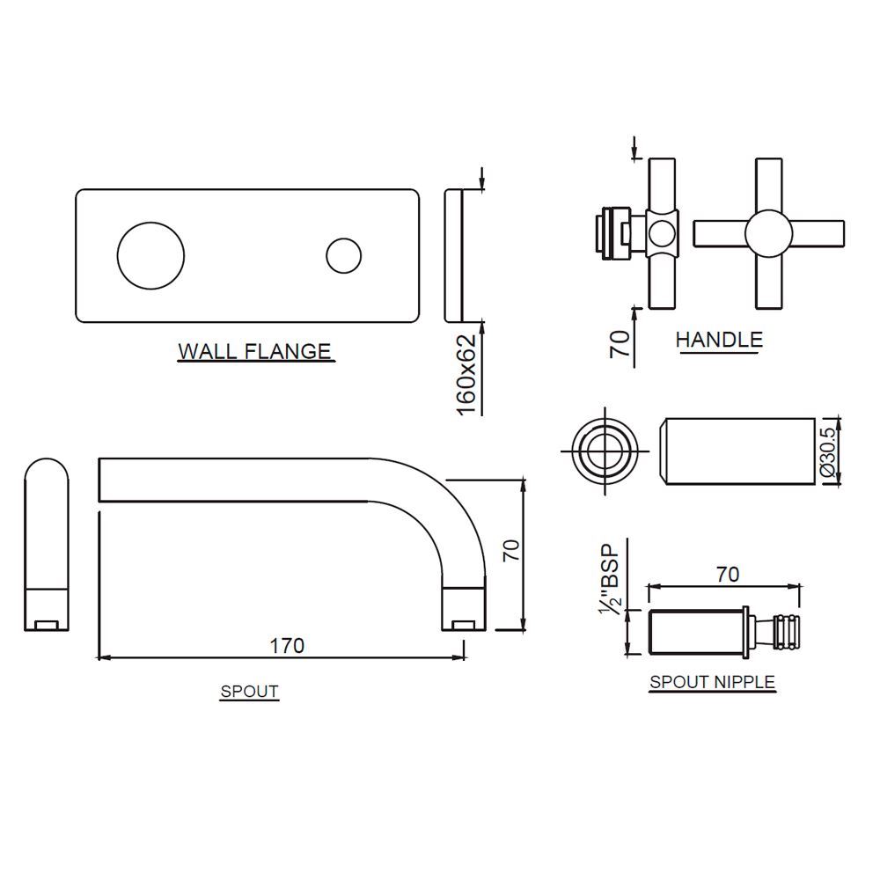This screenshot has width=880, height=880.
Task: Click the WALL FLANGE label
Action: pos(255,351)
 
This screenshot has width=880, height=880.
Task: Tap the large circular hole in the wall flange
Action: pos(150,254)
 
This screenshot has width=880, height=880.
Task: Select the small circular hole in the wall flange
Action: pos(343,256)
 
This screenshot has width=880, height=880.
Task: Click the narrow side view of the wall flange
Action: pos(452,255)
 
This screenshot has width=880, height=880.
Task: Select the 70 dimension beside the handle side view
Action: pos(621,342)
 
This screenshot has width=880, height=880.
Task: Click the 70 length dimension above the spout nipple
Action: pos(727,575)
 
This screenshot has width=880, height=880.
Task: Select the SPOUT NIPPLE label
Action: pos(712,681)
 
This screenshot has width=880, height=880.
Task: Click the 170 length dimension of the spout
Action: pos(287,645)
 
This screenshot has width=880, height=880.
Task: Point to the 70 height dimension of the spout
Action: pos(511,552)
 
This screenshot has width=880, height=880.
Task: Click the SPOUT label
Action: pos(249,692)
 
